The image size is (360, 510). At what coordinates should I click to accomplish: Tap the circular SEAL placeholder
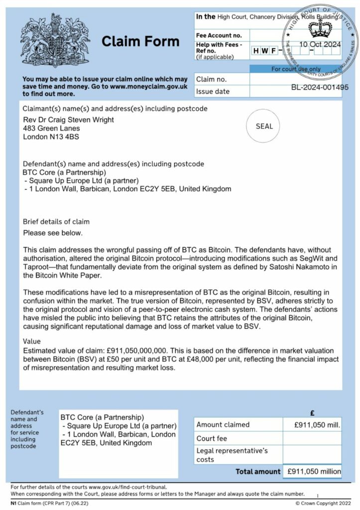point(264,126)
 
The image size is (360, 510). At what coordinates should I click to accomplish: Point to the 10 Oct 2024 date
point(320,44)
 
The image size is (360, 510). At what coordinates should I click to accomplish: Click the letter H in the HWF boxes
point(256,51)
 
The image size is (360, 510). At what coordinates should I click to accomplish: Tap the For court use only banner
point(295,69)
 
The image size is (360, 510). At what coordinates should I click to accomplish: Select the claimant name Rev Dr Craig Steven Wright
point(69,120)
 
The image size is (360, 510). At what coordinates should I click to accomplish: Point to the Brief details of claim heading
point(56,222)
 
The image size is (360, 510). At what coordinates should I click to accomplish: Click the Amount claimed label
point(223,425)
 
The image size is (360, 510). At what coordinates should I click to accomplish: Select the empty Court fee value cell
point(312,439)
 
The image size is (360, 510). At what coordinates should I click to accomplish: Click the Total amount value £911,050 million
point(312,471)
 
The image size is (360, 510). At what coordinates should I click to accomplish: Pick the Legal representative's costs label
point(232,455)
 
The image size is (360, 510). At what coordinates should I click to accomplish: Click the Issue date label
point(213,91)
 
